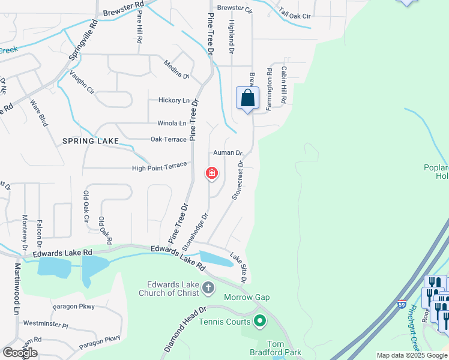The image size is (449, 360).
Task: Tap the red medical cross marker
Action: point(211,174)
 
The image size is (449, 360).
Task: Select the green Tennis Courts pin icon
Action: point(260,322)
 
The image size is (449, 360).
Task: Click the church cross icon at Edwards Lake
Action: point(208,287)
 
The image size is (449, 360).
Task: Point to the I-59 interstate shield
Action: point(402,304)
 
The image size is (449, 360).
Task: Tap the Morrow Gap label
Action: point(247,298)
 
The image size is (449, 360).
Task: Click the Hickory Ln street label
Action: point(173,100)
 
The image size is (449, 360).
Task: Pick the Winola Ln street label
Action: point(172,123)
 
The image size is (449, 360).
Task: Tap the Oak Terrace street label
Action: point(168,139)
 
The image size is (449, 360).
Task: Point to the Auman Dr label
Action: point(228,153)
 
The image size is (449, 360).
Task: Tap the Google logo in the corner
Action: point(20,352)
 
